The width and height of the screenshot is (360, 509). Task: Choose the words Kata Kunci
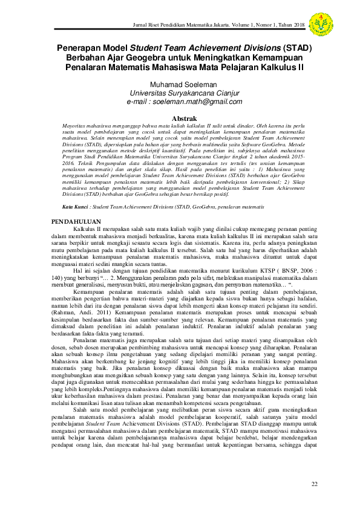pyautogui.click(x=77, y=207)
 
